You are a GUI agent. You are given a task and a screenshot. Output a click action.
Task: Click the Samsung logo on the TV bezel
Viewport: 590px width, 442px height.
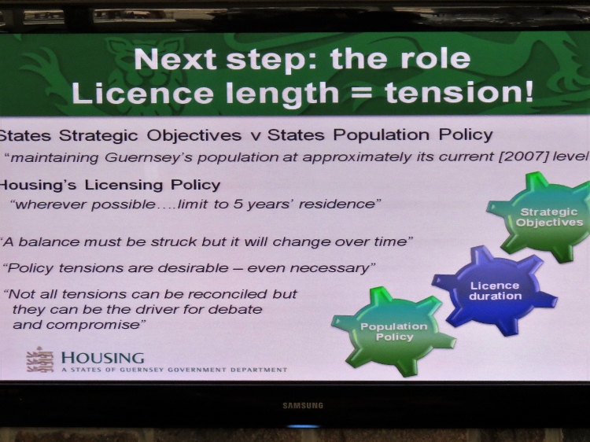click(303, 406)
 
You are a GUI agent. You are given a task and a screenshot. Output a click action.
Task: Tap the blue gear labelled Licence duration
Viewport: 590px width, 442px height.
click(495, 290)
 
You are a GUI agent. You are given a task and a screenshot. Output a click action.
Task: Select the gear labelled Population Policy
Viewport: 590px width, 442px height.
click(393, 332)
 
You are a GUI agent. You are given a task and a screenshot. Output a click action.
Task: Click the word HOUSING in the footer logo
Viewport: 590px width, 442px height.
click(103, 358)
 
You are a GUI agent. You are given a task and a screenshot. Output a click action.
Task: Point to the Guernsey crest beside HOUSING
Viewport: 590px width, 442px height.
click(39, 359)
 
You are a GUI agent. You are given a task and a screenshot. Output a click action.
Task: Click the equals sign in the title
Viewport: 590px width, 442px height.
click(361, 93)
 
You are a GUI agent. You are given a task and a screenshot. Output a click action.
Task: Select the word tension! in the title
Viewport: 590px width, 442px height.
click(459, 93)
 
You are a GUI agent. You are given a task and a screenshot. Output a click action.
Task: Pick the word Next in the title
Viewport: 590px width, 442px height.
click(175, 59)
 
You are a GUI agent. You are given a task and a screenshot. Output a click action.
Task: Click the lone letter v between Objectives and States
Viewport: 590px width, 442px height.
click(255, 136)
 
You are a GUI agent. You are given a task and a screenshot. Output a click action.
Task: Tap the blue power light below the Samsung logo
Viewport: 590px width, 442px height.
click(303, 426)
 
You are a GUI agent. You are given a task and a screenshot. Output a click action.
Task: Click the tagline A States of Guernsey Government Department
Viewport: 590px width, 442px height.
click(174, 370)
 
